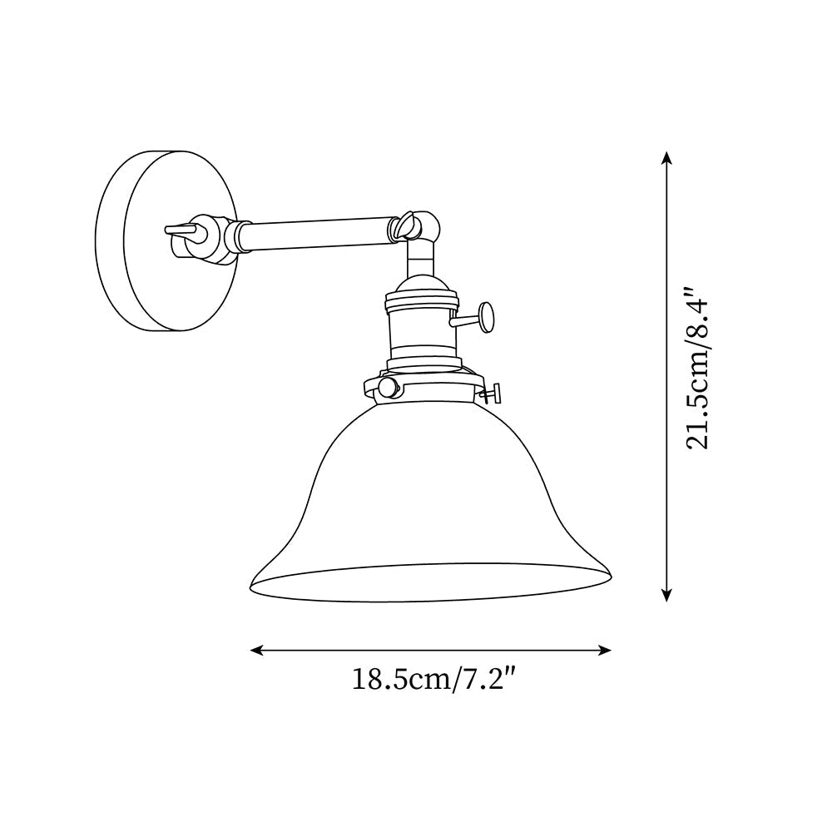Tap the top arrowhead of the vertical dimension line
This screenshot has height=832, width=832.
[666, 156]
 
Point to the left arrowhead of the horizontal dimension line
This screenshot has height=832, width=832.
[255, 650]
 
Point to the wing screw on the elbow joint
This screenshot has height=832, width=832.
[407, 222]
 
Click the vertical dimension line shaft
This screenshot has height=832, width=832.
[666, 374]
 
